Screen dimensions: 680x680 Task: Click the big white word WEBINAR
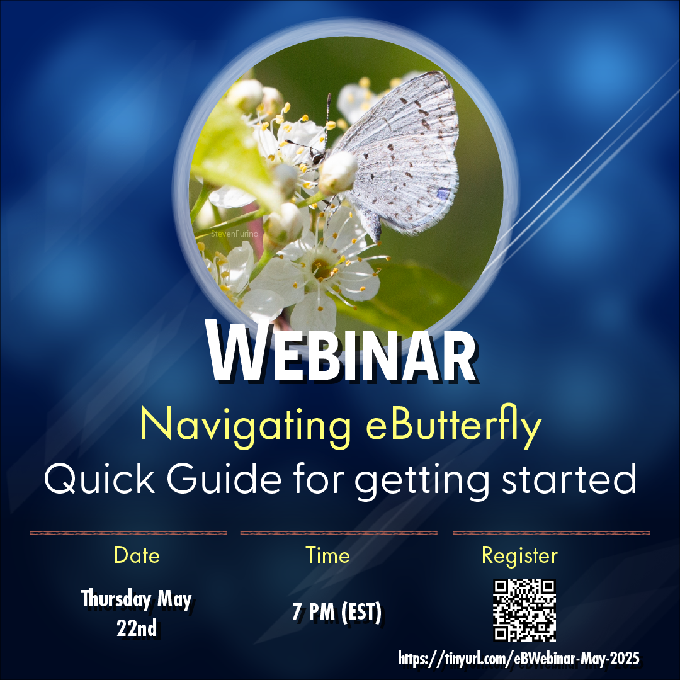pos(342,351)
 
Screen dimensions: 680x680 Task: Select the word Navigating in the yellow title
pos(246,426)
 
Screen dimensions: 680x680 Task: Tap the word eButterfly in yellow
pos(454,426)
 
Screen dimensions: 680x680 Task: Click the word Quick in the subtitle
pos(99,479)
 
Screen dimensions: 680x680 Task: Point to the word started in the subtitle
pos(569,479)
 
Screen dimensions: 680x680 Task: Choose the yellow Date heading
pos(137,555)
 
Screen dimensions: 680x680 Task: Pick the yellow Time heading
pos(327,555)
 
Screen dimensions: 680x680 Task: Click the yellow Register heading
pos(519,556)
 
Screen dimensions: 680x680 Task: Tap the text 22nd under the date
pos(137,628)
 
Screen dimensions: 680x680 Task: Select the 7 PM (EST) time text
pos(337,612)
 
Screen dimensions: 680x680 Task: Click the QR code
pos(524,609)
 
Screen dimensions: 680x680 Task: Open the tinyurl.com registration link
pos(519,659)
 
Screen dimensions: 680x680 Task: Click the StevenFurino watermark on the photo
pos(234,234)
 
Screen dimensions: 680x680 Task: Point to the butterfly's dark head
pos(318,158)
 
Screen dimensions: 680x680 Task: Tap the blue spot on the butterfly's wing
pos(443,193)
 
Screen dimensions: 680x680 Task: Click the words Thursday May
pos(136,599)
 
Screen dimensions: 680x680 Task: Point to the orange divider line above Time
pos(339,533)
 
